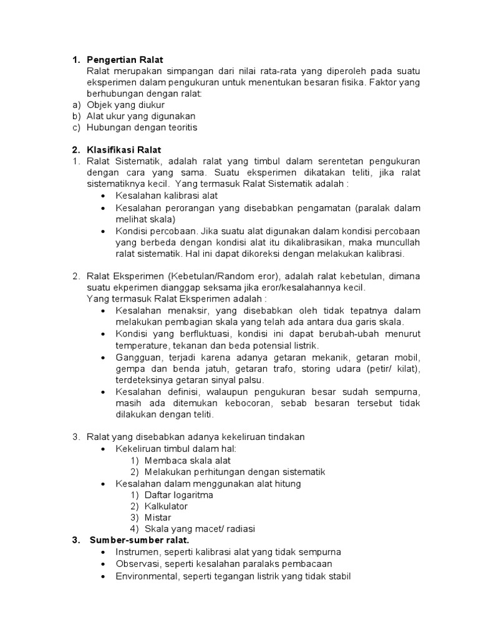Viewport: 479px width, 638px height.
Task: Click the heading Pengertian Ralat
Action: point(125,60)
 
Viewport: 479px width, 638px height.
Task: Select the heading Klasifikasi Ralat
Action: point(124,150)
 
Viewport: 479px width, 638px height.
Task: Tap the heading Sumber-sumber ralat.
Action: point(139,540)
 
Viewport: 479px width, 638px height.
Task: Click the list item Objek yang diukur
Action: point(125,105)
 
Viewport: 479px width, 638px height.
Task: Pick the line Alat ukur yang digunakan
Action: point(141,116)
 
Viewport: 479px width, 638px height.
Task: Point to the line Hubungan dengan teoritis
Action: point(142,127)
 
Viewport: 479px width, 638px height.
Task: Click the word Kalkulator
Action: point(166,507)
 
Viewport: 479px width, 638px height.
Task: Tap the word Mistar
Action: point(158,518)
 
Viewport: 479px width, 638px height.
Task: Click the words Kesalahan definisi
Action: point(151,392)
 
